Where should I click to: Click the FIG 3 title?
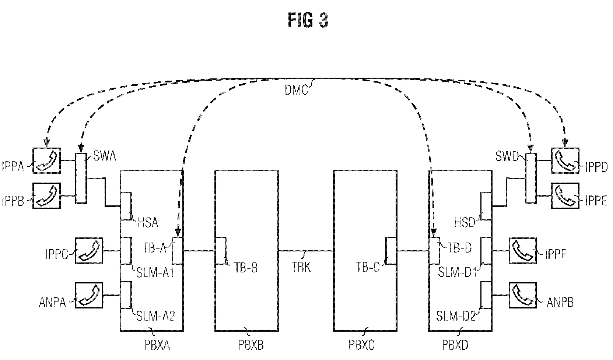(308, 20)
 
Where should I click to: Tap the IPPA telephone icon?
(46, 161)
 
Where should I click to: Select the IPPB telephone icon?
(46, 196)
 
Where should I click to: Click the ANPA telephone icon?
(89, 295)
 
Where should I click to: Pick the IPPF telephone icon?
(523, 250)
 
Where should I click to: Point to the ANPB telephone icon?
(523, 295)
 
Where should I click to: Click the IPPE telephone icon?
(565, 196)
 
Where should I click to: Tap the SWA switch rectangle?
(81, 178)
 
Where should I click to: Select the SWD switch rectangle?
(530, 178)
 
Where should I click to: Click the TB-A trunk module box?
(178, 251)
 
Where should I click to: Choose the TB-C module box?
(391, 251)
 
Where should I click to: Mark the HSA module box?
(126, 206)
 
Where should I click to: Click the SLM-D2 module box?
(486, 295)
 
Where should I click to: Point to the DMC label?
(296, 90)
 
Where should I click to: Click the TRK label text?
(301, 267)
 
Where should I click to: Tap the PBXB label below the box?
(251, 345)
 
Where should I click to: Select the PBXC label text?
(361, 345)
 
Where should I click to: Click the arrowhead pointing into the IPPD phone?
(565, 143)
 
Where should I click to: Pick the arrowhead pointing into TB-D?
(434, 233)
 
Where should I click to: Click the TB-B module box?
(221, 251)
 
